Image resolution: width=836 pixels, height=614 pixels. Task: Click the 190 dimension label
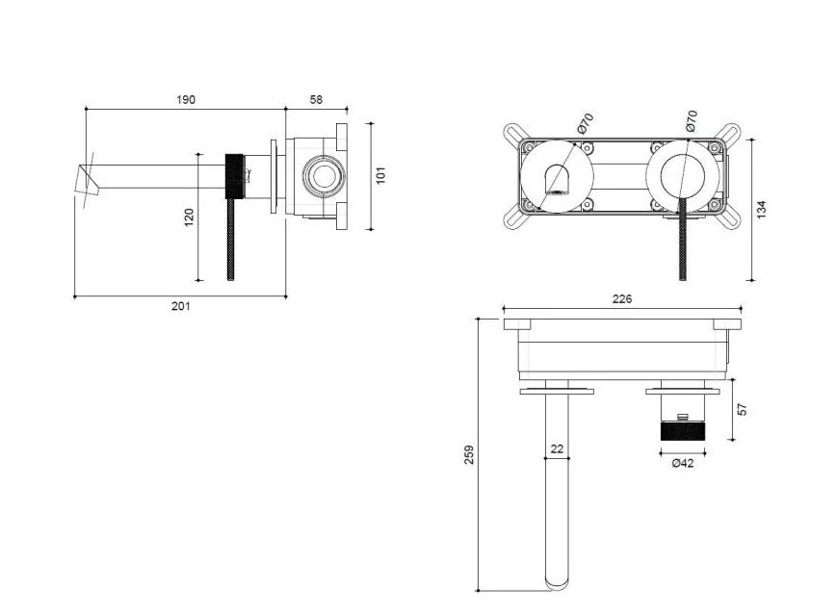186,99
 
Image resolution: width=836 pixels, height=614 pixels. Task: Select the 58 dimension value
316,99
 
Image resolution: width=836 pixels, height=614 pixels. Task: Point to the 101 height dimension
380,175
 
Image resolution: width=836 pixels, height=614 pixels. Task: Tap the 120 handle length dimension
190,217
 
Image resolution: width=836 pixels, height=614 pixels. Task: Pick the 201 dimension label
181,306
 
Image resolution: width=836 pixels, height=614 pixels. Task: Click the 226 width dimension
622,298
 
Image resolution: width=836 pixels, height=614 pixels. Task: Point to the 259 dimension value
469,455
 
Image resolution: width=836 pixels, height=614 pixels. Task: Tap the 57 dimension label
742,410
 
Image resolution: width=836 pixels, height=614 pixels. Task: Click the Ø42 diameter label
683,463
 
